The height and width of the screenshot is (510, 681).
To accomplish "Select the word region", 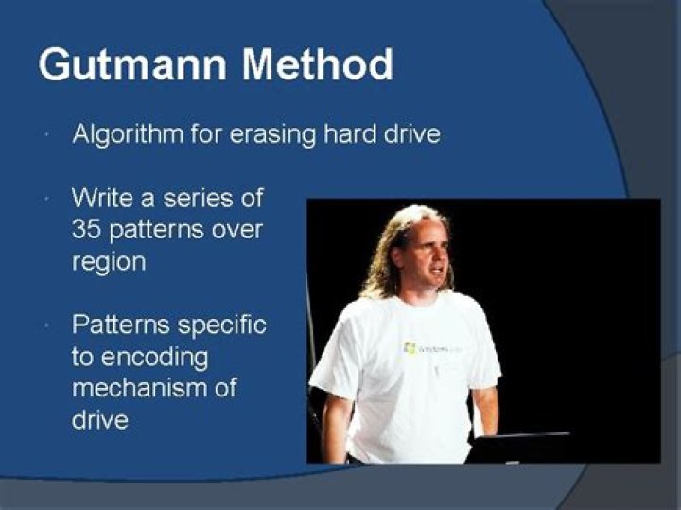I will (x=109, y=262).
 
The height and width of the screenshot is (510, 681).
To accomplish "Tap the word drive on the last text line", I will (x=99, y=419).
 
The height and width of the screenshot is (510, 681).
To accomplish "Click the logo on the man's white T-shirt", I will (x=410, y=348).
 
